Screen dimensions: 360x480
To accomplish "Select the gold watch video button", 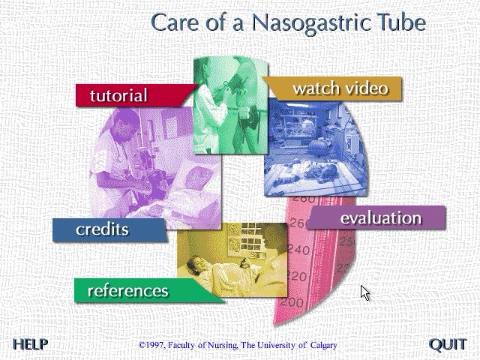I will pos(340,88).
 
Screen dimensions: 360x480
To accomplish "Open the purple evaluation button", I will pos(380,218).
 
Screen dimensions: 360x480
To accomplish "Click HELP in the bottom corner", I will pos(31,344).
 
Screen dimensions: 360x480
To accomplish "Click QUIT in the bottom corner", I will pos(448,344).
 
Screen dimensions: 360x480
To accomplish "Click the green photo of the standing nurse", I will pos(229,105).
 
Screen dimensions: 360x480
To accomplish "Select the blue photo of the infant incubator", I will pos(315,150).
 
